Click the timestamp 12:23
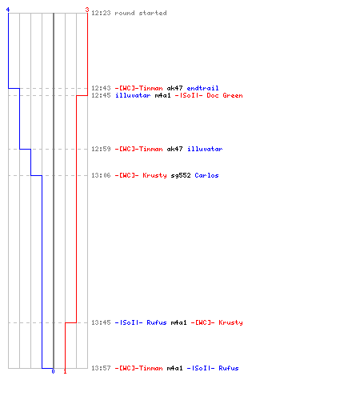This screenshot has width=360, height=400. pyautogui.click(x=101, y=13)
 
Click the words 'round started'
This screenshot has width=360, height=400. pyautogui.click(x=141, y=13)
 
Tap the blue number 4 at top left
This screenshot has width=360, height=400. pyautogui.click(x=8, y=10)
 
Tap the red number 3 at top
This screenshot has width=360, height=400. pyautogui.click(x=87, y=10)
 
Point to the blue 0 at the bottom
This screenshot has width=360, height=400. pyautogui.click(x=53, y=371)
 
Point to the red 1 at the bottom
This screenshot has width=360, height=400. pyautogui.click(x=65, y=371)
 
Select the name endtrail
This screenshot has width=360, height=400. pyautogui.click(x=202, y=88)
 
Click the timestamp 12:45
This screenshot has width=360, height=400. pyautogui.click(x=101, y=95)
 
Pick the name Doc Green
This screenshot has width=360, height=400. pyautogui.click(x=225, y=95)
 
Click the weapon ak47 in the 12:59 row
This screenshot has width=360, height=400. pyautogui.click(x=174, y=149)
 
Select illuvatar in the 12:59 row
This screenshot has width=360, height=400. pyautogui.click(x=205, y=149)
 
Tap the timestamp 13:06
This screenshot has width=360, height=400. pyautogui.click(x=101, y=175)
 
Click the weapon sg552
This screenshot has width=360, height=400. pyautogui.click(x=181, y=175)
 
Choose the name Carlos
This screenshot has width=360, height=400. pyautogui.click(x=206, y=175)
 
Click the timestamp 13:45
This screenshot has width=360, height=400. pyautogui.click(x=101, y=322)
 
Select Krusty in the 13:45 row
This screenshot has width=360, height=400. pyautogui.click(x=230, y=322)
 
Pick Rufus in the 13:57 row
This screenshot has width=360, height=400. pyautogui.click(x=229, y=368)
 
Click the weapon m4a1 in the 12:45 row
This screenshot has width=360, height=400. pyautogui.click(x=162, y=95)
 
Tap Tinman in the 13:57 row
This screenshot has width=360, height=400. pyautogui.click(x=150, y=368)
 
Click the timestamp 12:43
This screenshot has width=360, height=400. pyautogui.click(x=101, y=88)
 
